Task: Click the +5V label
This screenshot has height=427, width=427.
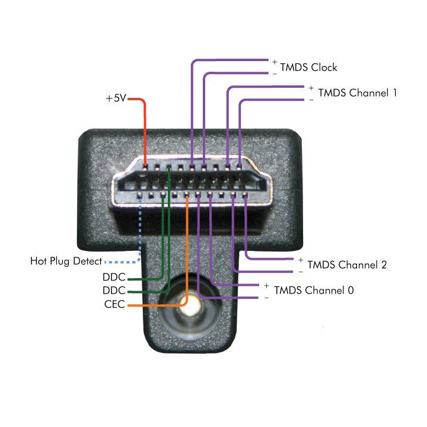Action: pos(116,98)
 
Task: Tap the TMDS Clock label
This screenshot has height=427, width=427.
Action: pos(308,67)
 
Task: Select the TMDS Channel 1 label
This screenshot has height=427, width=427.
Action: pos(357,93)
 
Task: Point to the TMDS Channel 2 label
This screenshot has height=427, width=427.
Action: pos(347,265)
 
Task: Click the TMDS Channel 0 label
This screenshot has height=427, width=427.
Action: pos(314,290)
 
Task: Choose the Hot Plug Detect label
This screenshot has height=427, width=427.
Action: pos(66,261)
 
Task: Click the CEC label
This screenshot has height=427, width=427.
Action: pos(114,304)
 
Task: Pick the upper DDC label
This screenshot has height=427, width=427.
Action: pos(114,277)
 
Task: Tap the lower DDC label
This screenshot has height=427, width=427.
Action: pos(114,291)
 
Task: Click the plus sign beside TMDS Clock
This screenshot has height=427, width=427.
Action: pos(275,62)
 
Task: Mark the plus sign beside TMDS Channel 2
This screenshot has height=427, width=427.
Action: pos(301,260)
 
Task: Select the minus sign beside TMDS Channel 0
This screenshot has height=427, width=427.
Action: pos(266,298)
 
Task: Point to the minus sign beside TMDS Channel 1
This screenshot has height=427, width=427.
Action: pos(311,100)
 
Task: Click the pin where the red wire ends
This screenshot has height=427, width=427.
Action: pos(145,167)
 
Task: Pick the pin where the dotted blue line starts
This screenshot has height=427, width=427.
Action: pos(140,194)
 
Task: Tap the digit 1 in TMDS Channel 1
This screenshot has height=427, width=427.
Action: pos(394,93)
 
